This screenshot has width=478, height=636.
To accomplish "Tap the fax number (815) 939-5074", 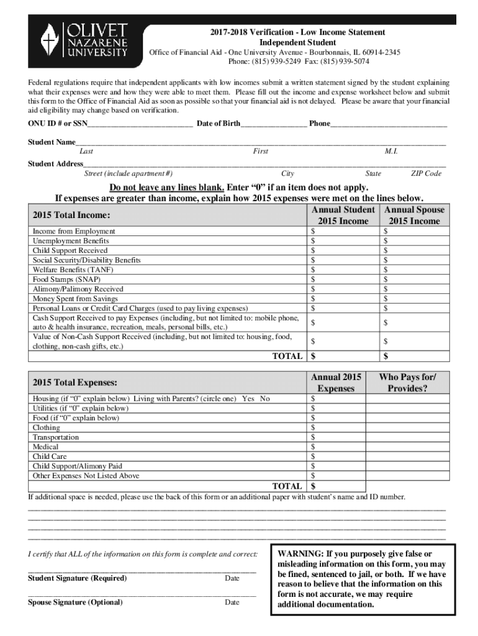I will click(346, 62).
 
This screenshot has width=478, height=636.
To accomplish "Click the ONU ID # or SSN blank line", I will click(140, 124).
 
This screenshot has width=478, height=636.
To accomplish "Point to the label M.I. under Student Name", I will click(391, 152).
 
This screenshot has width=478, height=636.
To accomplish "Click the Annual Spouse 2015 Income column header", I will click(414, 216).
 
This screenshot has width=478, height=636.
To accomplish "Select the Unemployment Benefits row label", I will click(71, 241).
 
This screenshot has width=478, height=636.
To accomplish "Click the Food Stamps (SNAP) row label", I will click(66, 279).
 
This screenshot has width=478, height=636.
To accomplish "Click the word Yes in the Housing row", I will click(248, 399).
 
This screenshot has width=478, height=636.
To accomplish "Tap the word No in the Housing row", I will click(264, 399).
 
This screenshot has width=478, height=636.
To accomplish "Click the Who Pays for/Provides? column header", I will click(407, 383).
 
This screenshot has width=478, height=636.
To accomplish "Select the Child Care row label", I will click(50, 457).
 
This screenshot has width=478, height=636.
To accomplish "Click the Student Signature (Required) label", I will click(78, 578).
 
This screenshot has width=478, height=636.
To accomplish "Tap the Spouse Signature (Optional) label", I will click(76, 602).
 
